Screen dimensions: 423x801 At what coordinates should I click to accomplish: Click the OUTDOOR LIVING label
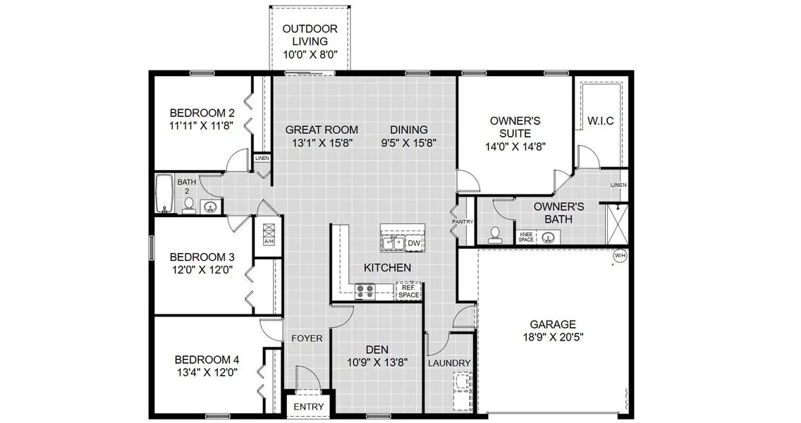coord(310,41)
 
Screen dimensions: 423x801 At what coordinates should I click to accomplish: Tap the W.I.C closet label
coord(600,121)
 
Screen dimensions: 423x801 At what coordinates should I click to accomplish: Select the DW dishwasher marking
coord(415,244)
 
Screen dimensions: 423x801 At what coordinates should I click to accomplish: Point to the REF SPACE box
coord(409,290)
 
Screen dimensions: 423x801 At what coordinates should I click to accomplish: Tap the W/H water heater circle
coord(620,255)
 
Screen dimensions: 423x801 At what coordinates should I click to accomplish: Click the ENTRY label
coord(308,407)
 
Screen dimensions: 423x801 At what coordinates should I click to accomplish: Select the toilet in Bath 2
coord(188,204)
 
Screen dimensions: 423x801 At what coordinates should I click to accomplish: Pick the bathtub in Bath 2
coord(164,194)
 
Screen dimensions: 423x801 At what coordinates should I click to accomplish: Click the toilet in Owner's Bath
coord(496,234)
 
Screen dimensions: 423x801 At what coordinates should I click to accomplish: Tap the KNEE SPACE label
coord(526,237)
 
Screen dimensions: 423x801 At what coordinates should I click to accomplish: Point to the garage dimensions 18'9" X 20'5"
coord(553,337)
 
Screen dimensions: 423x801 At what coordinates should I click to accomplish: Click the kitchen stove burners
coord(365,290)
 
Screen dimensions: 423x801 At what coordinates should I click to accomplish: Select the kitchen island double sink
coord(392,243)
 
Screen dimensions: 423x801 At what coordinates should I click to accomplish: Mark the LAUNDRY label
coord(449,363)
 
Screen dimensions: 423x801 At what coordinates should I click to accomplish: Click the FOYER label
coord(307,338)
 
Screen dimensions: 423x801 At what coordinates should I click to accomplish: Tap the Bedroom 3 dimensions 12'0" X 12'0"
coord(201,270)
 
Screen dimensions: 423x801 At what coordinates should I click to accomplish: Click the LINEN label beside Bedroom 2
coord(262,159)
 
